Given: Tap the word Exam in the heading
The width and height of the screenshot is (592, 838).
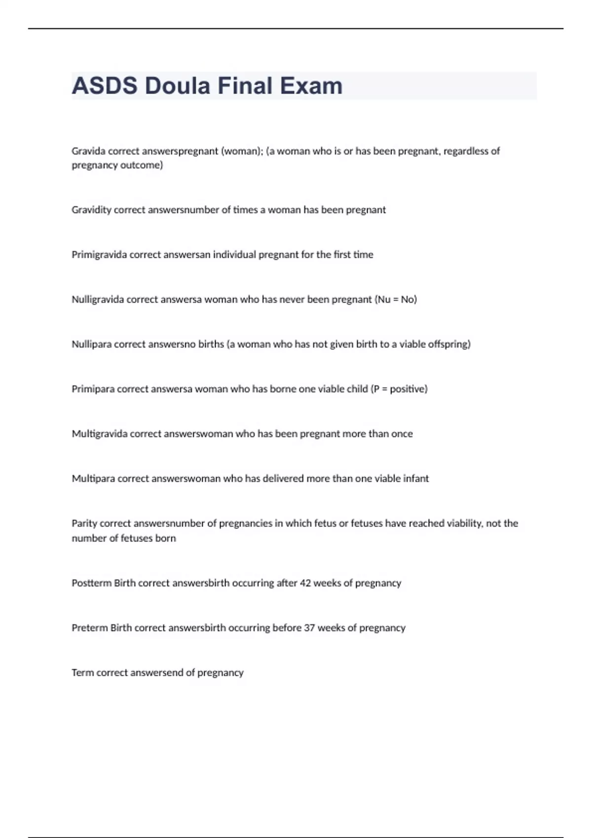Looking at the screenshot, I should coord(311,86).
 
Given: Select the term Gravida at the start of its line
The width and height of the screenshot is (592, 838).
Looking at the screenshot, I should coord(88,151).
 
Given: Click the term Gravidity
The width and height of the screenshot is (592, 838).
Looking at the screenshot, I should coord(91,210).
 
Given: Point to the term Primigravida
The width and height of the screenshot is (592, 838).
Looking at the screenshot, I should coord(99,255).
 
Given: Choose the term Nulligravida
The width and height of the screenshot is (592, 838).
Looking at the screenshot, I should coord(98,300).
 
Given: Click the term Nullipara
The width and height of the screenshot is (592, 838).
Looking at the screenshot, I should coord(92,344).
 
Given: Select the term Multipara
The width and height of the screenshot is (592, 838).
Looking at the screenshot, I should coord(93,479).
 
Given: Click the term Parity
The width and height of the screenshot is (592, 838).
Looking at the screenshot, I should coord(84,524).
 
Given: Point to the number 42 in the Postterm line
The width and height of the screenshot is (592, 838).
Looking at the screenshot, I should coord(305,583).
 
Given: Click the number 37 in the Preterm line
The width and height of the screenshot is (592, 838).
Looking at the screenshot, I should coord(309,628).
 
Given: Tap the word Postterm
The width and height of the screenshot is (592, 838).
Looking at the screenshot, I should coord(92,583).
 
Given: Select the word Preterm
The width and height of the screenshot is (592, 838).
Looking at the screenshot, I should coord(90,628).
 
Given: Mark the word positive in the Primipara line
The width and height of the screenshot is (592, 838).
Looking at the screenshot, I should coord(407,389).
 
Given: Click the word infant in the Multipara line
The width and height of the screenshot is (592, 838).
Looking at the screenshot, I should coord(415,479).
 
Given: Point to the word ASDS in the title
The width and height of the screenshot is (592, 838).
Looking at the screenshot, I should coord(105,86).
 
